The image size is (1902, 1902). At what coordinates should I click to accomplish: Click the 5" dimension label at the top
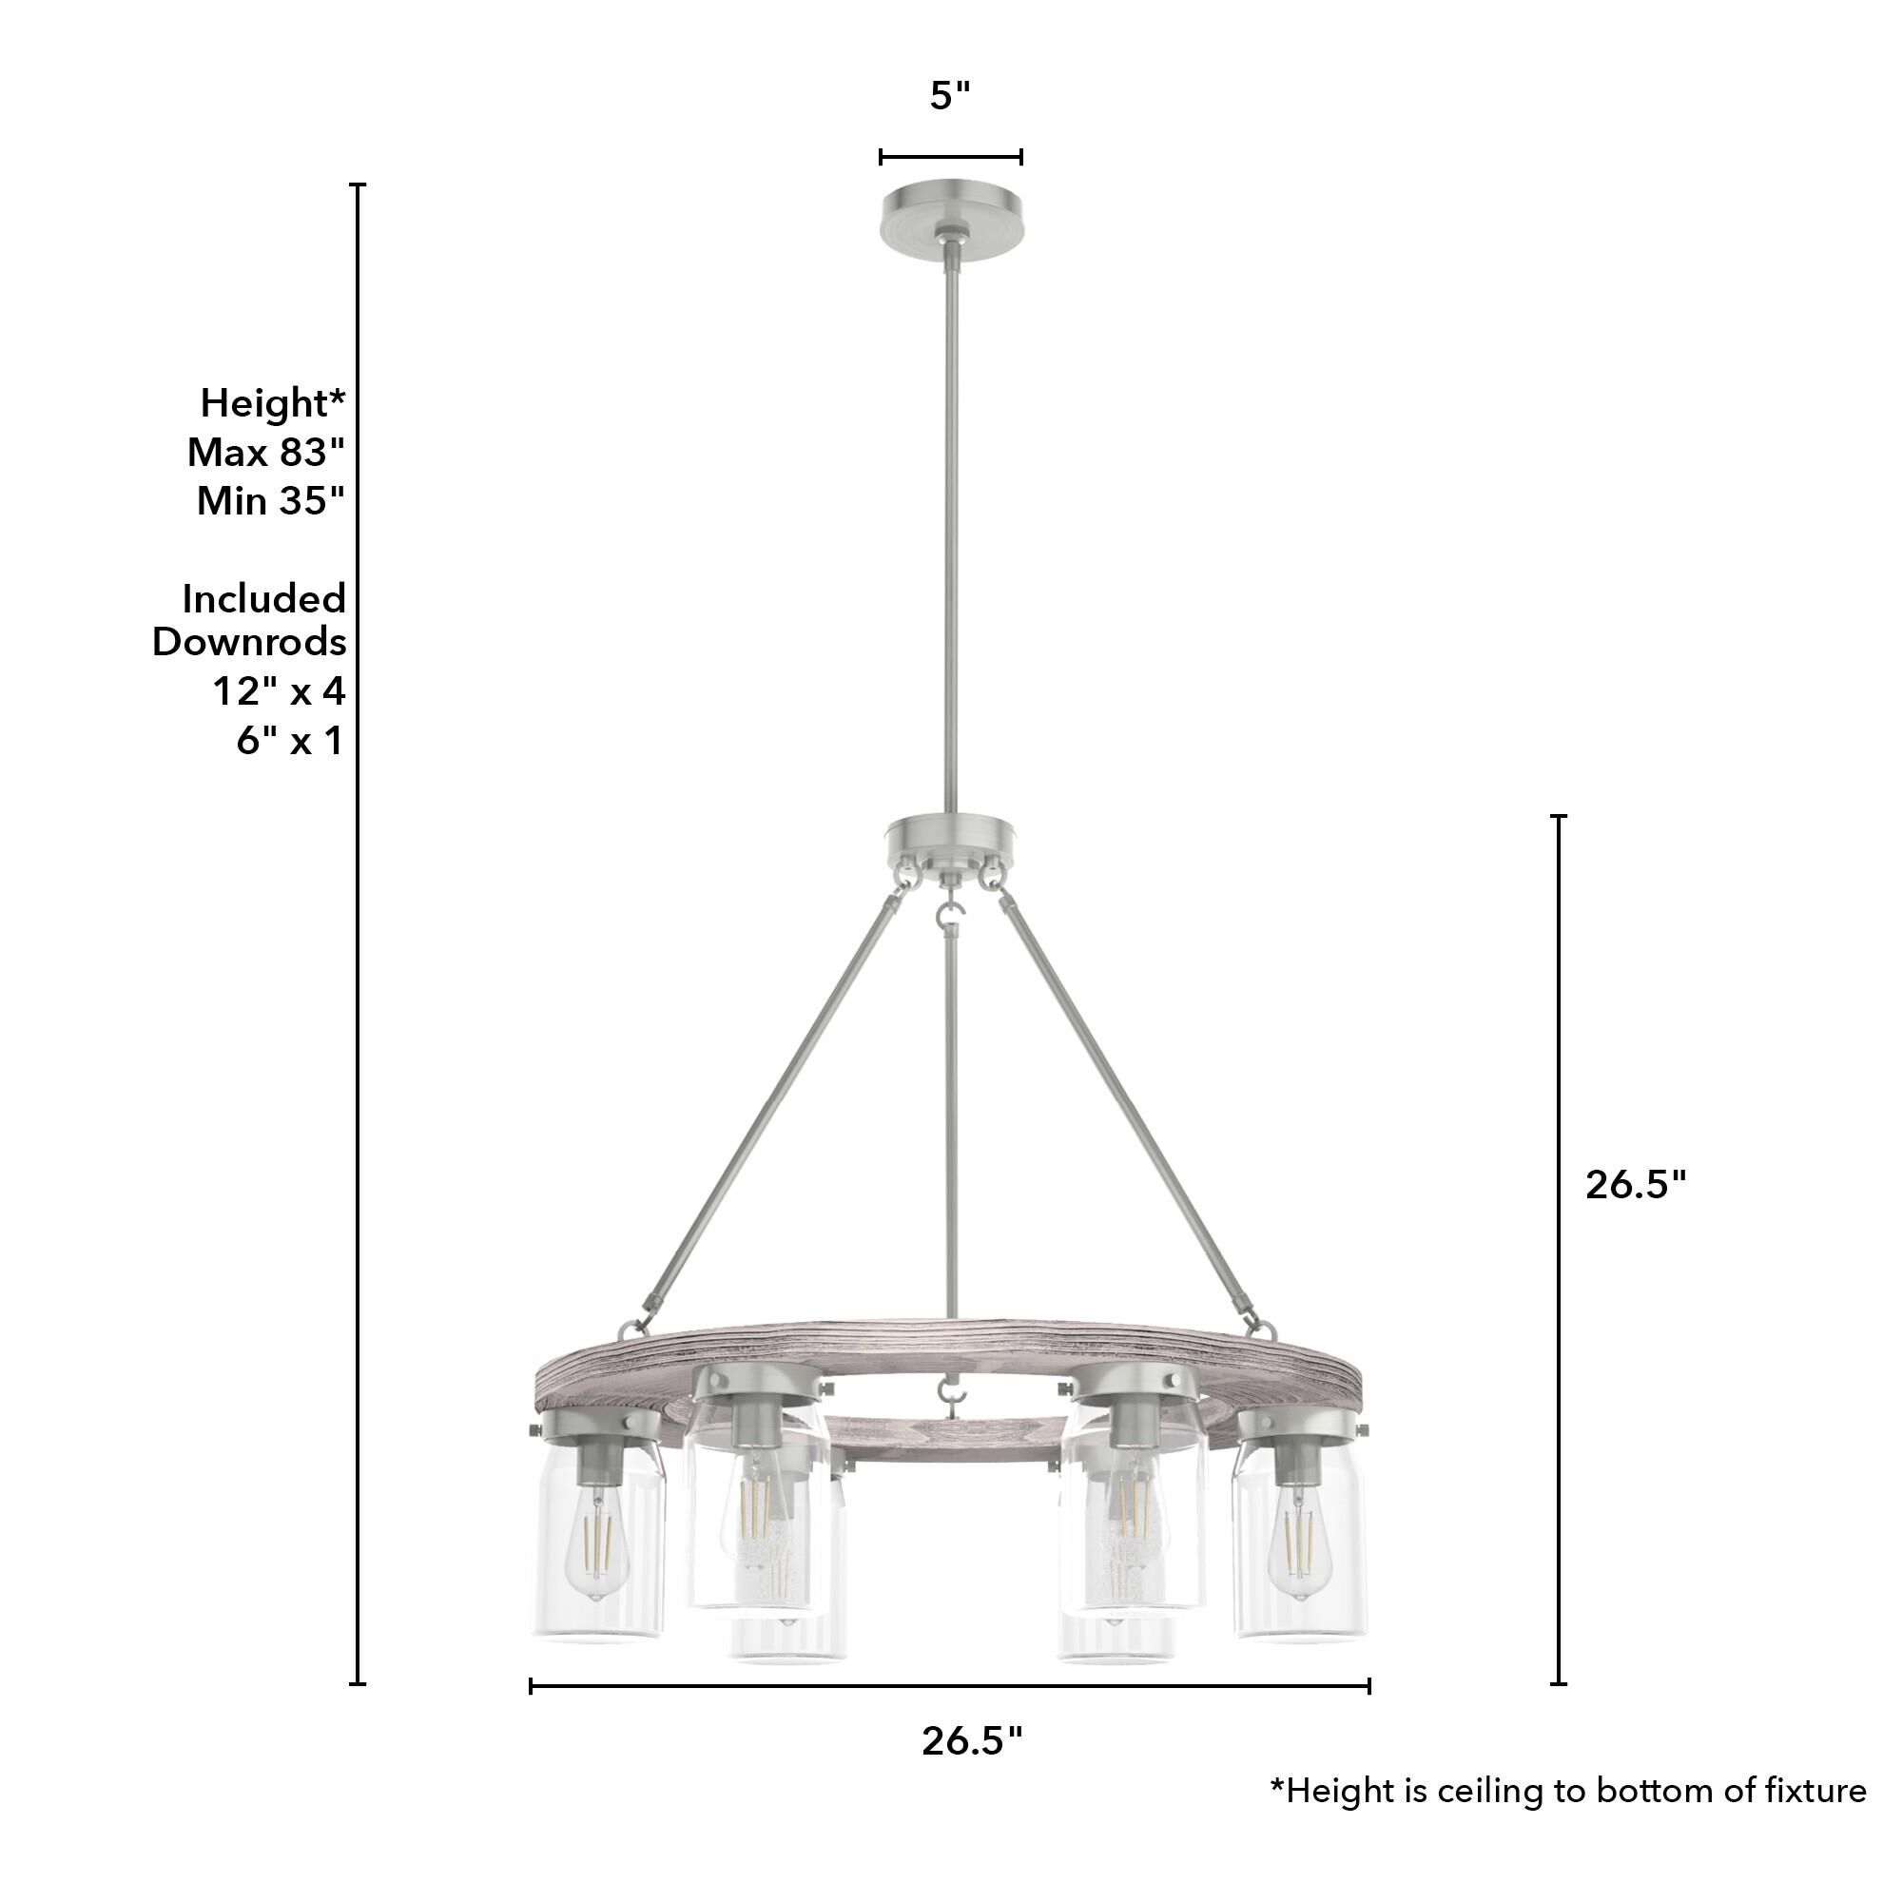point(950,96)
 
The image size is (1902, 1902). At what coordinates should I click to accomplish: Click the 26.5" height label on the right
point(1635,1184)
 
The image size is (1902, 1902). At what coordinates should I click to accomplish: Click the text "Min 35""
point(271,501)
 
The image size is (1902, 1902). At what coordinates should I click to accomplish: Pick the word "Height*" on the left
point(273,402)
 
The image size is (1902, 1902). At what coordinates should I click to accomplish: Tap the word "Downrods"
point(249,642)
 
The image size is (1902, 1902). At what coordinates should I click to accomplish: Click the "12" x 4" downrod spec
point(280,691)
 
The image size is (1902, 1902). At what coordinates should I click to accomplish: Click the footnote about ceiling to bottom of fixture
point(1567,1818)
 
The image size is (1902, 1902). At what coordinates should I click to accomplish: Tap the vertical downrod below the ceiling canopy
point(950,522)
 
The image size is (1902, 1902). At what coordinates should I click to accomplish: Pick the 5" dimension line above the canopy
point(950,157)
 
